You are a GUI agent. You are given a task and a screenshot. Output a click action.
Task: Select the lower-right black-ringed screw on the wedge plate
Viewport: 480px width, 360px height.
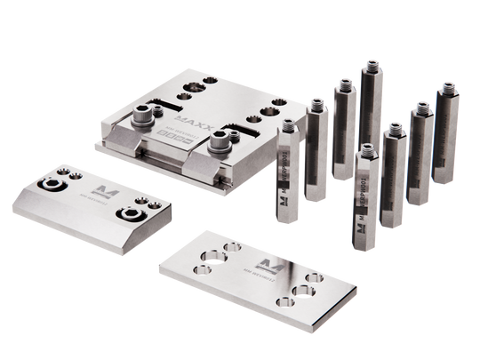coord(136,214)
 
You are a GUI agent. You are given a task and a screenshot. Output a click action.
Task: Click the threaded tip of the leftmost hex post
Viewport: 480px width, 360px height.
coord(289,124)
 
